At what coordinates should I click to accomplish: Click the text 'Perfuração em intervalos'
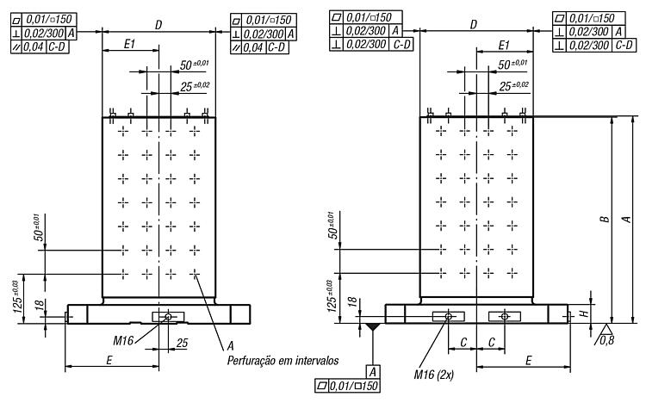tap(283, 361)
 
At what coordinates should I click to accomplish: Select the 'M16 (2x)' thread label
tap(433, 375)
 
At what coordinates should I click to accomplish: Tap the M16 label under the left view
tap(123, 340)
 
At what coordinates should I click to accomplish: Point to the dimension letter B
tap(605, 219)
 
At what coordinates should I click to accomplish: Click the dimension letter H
tap(584, 313)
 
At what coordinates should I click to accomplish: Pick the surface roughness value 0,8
tap(606, 340)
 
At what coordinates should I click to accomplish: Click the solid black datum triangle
tap(373, 326)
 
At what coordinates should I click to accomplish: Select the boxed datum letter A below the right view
tap(372, 372)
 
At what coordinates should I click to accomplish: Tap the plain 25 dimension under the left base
tap(182, 343)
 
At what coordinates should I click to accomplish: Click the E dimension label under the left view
tap(109, 360)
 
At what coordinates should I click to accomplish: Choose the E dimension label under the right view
tap(529, 361)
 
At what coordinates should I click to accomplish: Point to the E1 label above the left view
tap(130, 44)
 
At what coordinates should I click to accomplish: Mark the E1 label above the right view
tap(504, 45)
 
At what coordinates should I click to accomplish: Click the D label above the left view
tap(158, 25)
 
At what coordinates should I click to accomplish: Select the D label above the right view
tap(474, 24)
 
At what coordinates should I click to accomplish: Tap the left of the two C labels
tap(463, 342)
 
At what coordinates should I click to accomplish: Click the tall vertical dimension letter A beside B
tap(627, 219)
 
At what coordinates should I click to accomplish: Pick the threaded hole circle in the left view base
tap(168, 317)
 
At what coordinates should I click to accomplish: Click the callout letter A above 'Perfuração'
tap(230, 345)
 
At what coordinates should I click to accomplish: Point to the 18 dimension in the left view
tap(39, 305)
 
